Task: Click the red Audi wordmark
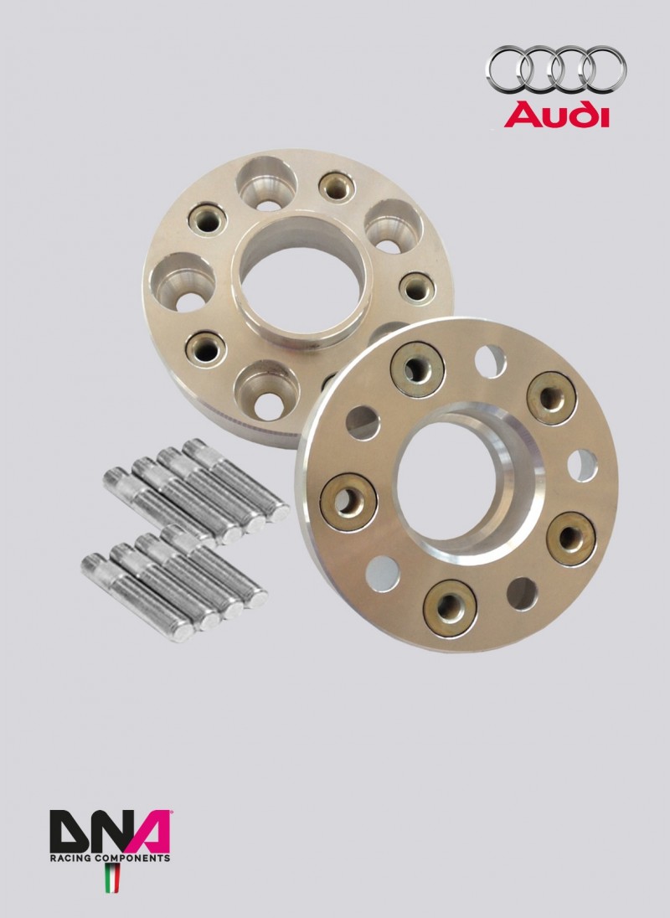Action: pos(556,115)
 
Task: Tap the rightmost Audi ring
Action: pos(605,70)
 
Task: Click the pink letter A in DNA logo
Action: pos(147,832)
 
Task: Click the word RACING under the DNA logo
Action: pos(68,859)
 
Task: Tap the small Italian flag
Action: pos(111,878)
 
